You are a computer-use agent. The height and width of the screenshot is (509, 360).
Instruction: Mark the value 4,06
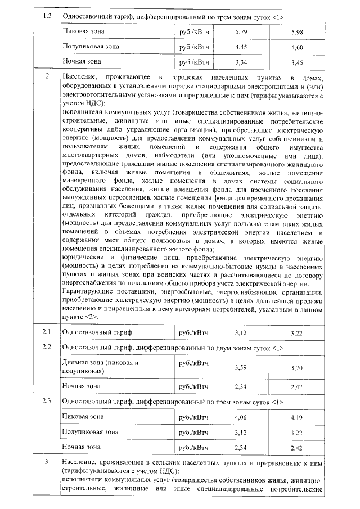tap(241, 417)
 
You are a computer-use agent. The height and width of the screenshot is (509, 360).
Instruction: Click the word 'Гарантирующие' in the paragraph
tap(88, 292)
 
